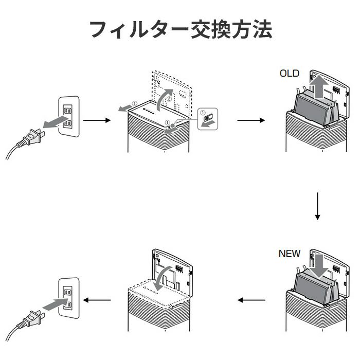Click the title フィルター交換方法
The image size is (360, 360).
(x=180, y=30)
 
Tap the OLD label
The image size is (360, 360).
(x=289, y=74)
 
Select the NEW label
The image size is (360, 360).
(x=290, y=254)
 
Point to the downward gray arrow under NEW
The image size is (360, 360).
(x=319, y=264)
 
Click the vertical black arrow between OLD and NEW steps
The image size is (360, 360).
(x=317, y=206)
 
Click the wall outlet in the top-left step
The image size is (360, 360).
(x=68, y=117)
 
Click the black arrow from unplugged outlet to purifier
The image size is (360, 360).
(x=97, y=120)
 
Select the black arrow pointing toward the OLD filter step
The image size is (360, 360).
(x=250, y=120)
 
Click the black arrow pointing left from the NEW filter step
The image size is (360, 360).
(x=250, y=300)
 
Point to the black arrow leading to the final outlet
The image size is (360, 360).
(x=98, y=299)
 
